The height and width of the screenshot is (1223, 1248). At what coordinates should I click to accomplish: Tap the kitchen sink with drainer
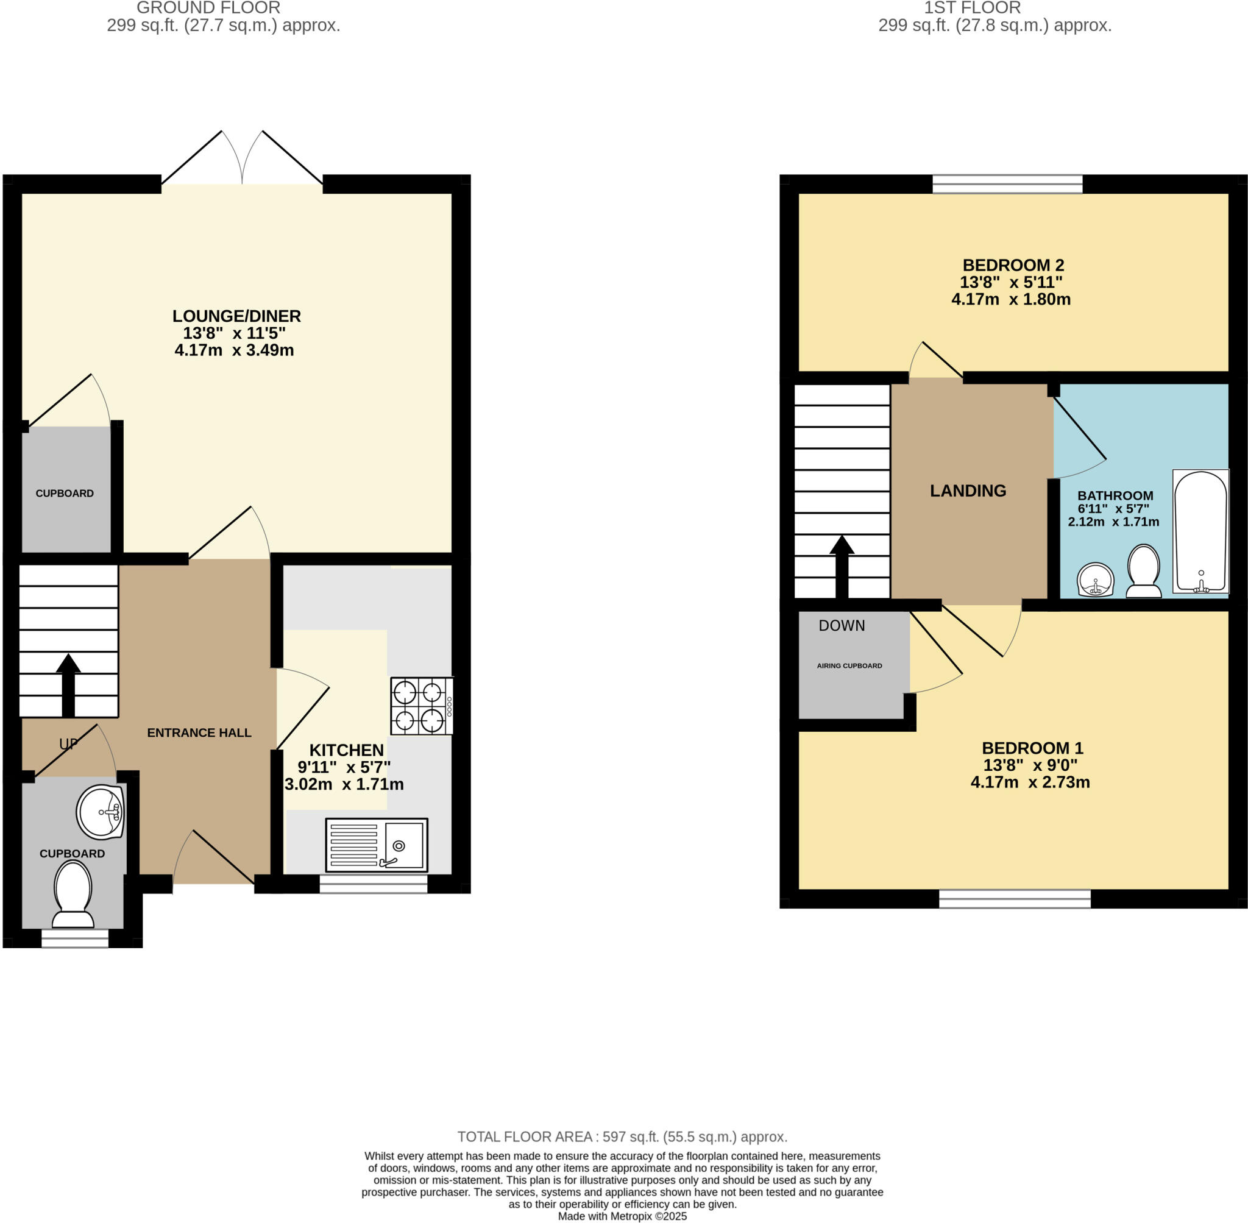(x=377, y=845)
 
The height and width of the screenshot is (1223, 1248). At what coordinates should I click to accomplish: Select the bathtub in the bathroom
(x=1200, y=531)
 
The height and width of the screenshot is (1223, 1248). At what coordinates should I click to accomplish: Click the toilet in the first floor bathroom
(x=1143, y=571)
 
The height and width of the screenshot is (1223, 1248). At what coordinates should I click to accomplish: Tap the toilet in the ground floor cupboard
(x=73, y=894)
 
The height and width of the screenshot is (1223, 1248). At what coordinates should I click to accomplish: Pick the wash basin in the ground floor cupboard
(x=100, y=812)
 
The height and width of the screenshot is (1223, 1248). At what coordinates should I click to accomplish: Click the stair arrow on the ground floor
(x=68, y=686)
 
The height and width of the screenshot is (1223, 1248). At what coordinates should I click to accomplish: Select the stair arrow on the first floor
(x=842, y=567)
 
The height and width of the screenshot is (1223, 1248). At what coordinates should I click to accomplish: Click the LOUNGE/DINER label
(x=236, y=316)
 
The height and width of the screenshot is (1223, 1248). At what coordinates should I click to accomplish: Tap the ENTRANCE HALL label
(x=199, y=732)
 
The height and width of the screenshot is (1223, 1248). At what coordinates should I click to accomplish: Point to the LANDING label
(x=968, y=491)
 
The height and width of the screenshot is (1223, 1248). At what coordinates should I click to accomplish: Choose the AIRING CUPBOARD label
(x=849, y=665)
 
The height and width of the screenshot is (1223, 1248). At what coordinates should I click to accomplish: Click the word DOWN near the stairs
(x=842, y=626)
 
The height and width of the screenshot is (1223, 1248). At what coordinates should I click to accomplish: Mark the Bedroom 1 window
(x=1015, y=899)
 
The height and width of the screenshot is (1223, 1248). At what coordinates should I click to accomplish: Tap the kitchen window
(x=373, y=884)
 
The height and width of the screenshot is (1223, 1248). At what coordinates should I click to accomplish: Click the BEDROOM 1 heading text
(x=1032, y=748)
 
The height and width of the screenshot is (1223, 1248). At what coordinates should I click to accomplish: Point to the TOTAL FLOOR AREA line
(x=622, y=1137)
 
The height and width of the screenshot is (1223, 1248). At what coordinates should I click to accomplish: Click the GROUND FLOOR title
(x=209, y=8)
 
